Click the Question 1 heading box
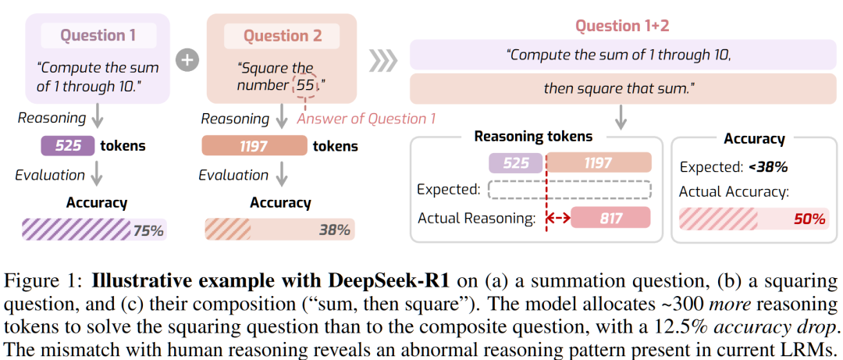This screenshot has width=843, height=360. [98, 35]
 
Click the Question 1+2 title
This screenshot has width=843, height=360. [622, 26]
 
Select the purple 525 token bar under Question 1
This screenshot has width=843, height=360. [69, 146]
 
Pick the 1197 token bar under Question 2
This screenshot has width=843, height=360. [254, 146]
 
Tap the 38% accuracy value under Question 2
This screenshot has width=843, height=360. [334, 230]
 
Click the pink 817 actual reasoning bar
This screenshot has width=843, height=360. [611, 218]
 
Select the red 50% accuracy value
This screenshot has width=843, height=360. [809, 219]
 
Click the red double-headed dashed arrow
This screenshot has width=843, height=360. [557, 218]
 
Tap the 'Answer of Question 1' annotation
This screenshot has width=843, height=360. [366, 119]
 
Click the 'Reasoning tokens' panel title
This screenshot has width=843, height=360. [533, 137]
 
